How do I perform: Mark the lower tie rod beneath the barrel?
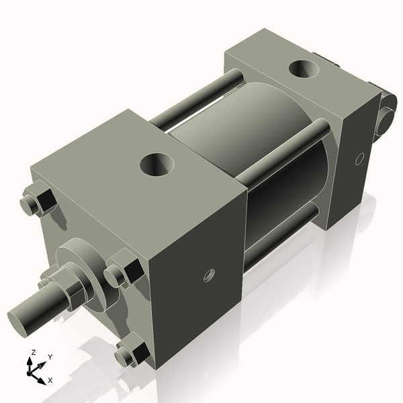click(282, 232)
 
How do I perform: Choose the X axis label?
click(50, 381)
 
